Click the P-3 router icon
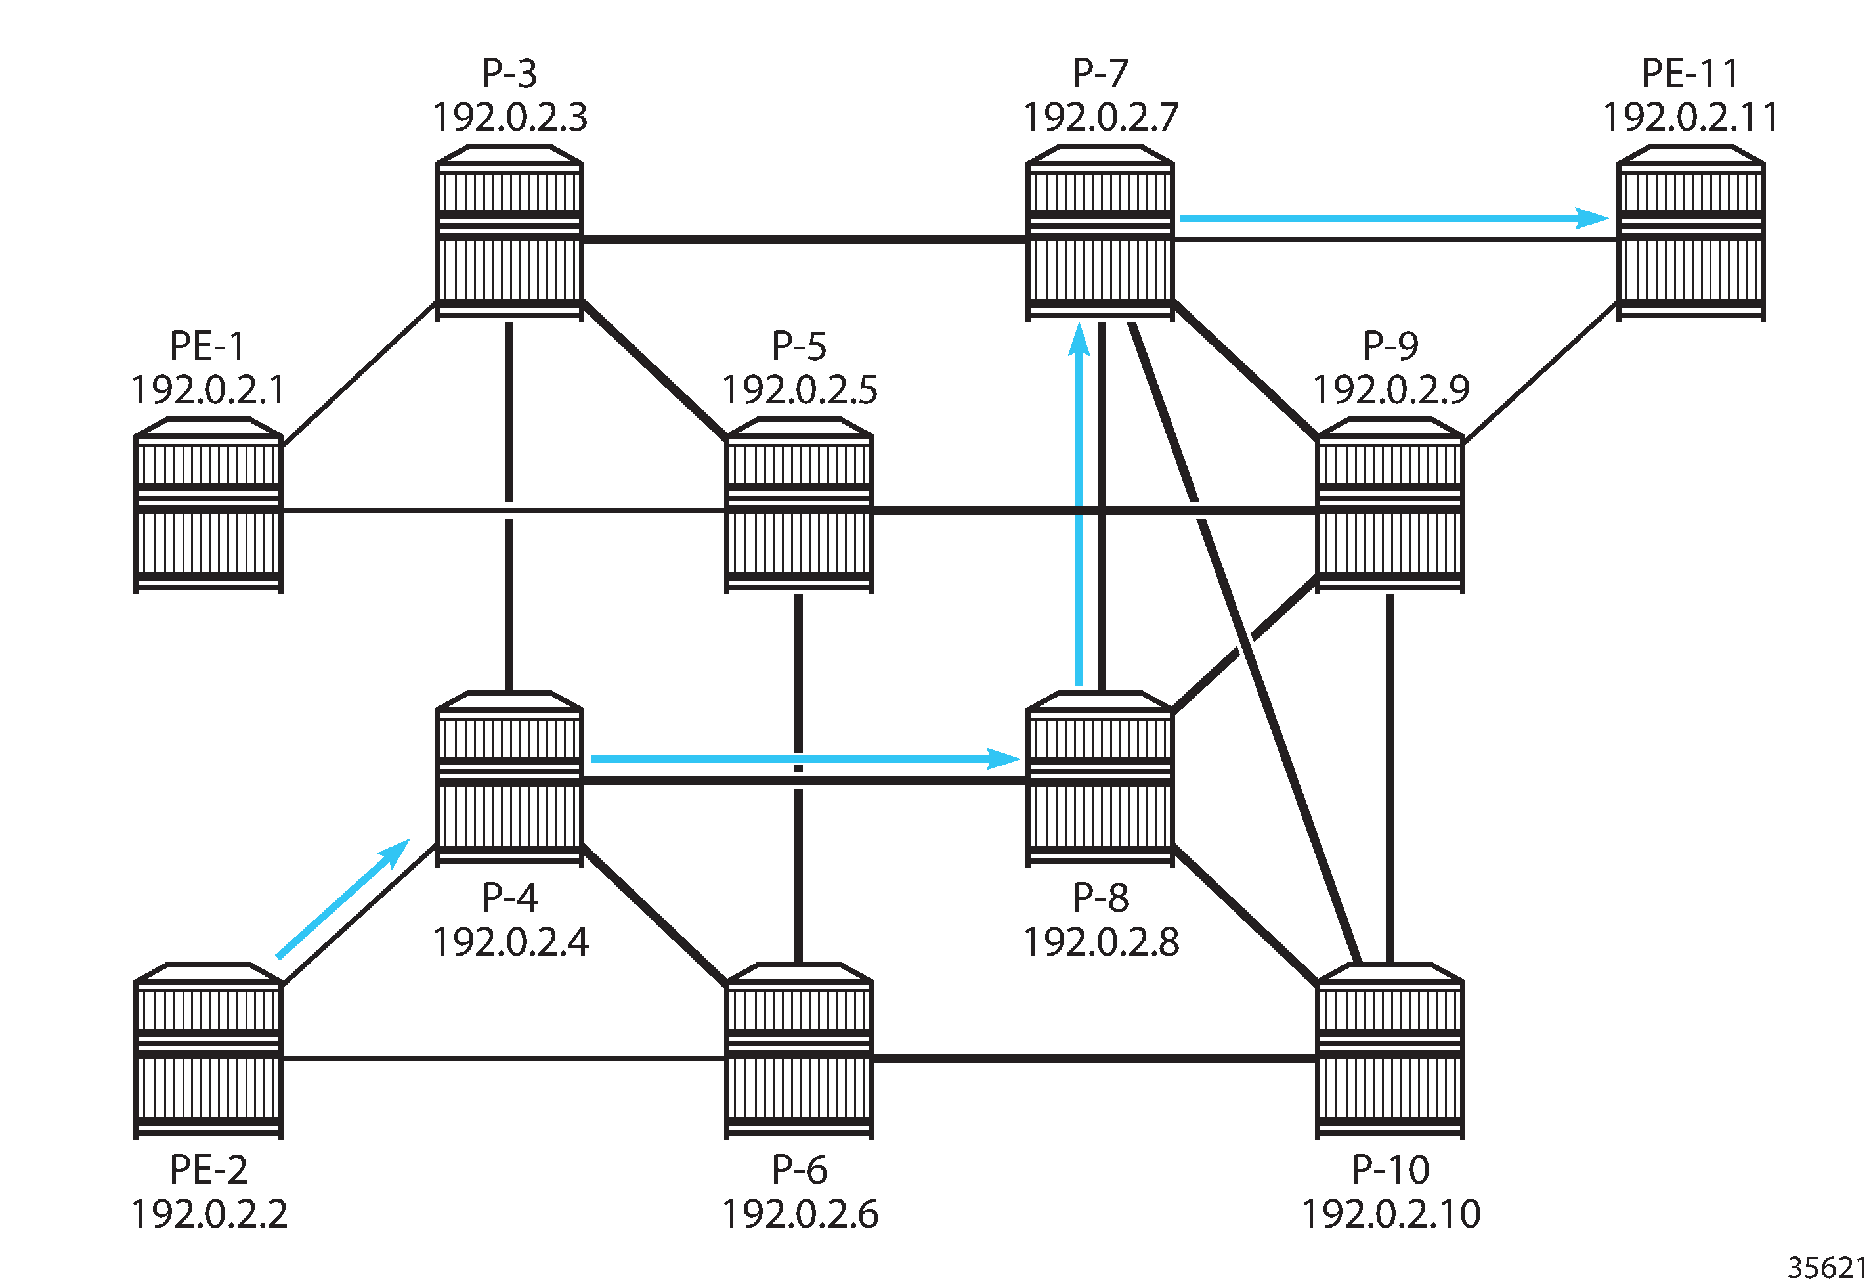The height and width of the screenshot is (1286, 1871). (x=509, y=233)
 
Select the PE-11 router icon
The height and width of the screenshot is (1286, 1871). (x=1690, y=233)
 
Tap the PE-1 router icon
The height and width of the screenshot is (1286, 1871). (x=208, y=505)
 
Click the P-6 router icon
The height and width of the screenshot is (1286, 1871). (x=799, y=1051)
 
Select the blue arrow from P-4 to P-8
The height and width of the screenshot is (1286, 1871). (x=806, y=758)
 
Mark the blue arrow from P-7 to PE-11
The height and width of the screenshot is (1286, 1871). (x=1393, y=217)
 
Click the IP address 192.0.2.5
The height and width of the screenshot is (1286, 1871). (x=800, y=390)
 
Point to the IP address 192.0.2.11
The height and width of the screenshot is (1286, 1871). (x=1690, y=118)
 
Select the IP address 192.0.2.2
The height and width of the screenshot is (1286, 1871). (x=209, y=1214)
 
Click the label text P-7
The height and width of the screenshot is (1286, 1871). (x=1100, y=74)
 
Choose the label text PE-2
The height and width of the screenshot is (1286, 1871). (x=209, y=1169)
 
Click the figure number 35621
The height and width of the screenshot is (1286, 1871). (x=1827, y=1268)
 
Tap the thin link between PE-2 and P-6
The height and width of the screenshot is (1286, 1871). (x=504, y=1058)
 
